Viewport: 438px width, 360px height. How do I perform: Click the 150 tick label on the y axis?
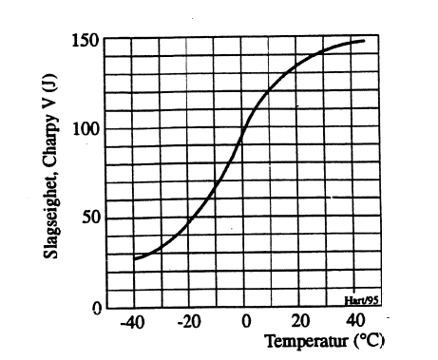pyautogui.click(x=86, y=41)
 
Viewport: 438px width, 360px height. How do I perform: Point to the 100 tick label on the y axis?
pyautogui.click(x=86, y=128)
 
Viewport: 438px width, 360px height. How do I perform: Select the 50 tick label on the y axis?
pyautogui.click(x=90, y=218)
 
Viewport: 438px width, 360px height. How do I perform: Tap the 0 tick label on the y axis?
pyautogui.click(x=95, y=307)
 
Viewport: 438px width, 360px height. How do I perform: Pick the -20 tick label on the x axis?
pyautogui.click(x=190, y=323)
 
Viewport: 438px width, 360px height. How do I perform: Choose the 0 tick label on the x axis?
pyautogui.click(x=244, y=323)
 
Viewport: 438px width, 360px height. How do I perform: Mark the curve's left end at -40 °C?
pyautogui.click(x=134, y=258)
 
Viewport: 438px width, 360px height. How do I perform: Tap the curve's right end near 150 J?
pyautogui.click(x=365, y=41)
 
